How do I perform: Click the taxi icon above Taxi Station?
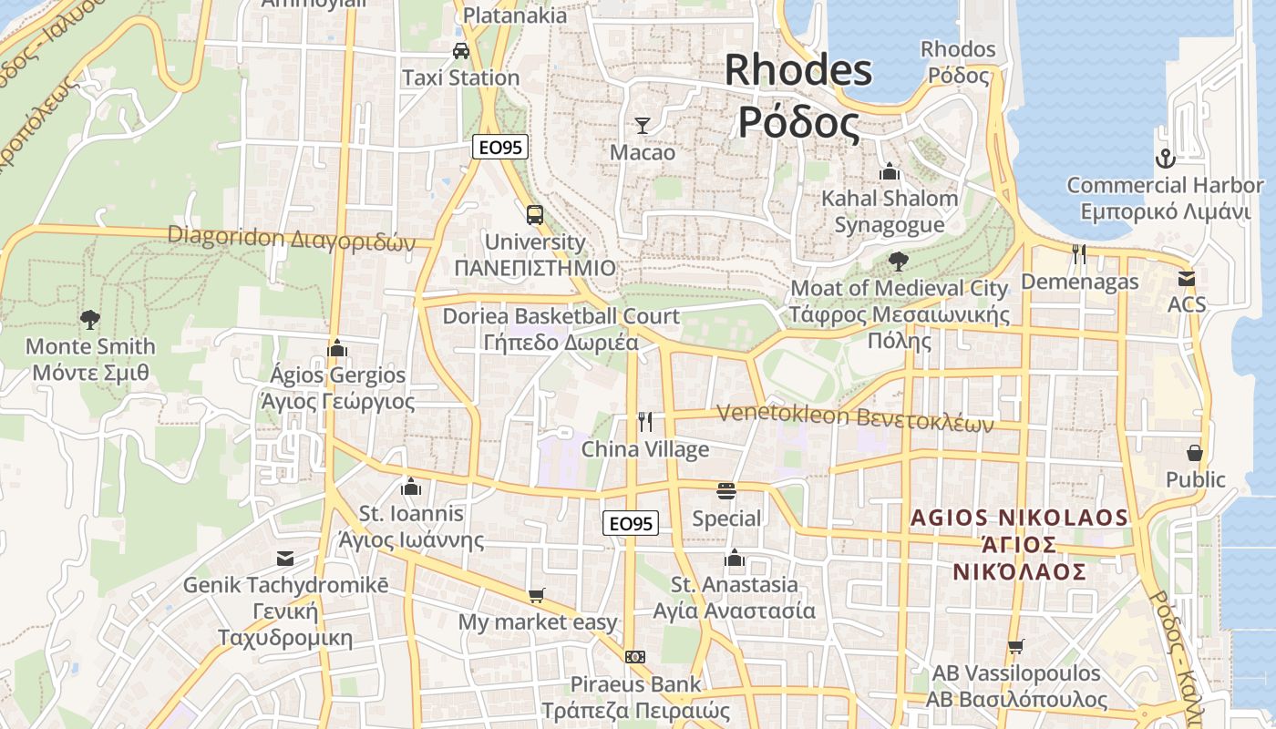coord(461,50)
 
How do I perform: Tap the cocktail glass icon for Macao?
coord(643,125)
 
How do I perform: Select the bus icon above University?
coord(535,215)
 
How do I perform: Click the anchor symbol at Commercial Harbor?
coord(1165,159)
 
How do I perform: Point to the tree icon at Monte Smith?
coord(89,320)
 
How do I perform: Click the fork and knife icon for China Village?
coord(645,421)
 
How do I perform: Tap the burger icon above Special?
coord(726,491)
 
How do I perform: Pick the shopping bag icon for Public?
coord(1195,452)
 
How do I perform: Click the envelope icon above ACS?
coord(1187,278)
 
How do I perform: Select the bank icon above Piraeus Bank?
coord(635,656)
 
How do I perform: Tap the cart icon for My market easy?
coord(537,595)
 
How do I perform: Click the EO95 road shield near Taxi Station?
coord(500,147)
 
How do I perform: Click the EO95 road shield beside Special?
coord(631,523)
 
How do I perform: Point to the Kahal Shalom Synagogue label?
coord(890,211)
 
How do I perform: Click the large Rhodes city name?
coord(798,96)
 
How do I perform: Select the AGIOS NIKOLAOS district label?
coord(1020,544)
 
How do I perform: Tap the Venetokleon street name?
coord(854,415)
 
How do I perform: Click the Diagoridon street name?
coord(291,238)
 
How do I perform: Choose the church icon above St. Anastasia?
coord(735,557)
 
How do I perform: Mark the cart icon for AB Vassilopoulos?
coord(1016,646)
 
